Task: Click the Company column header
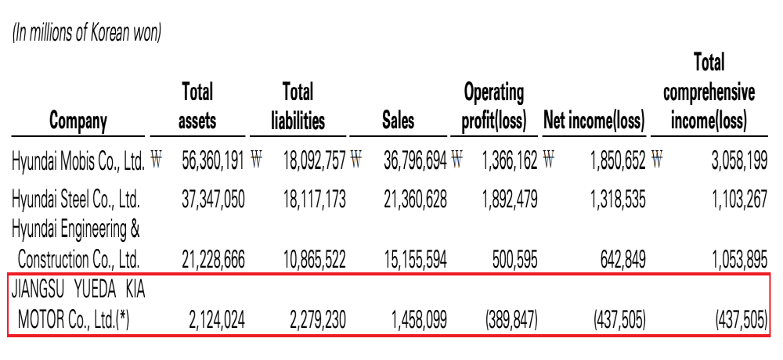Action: pos(78,121)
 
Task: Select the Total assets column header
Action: pos(197,106)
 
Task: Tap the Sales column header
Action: pos(398,121)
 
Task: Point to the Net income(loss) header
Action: pos(594,121)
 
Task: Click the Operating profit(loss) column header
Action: pos(494,107)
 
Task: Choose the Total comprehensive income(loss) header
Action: pos(709,92)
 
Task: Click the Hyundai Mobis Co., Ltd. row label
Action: pos(78,162)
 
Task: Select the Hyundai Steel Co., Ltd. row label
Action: pos(75,200)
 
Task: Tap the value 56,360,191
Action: pos(211,162)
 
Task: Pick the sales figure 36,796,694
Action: pos(415,162)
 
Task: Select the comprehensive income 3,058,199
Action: pos(739,162)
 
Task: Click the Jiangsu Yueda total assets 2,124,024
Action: pos(217,320)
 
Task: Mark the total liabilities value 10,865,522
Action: pos(314,260)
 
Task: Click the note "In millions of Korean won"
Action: pos(86,34)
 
